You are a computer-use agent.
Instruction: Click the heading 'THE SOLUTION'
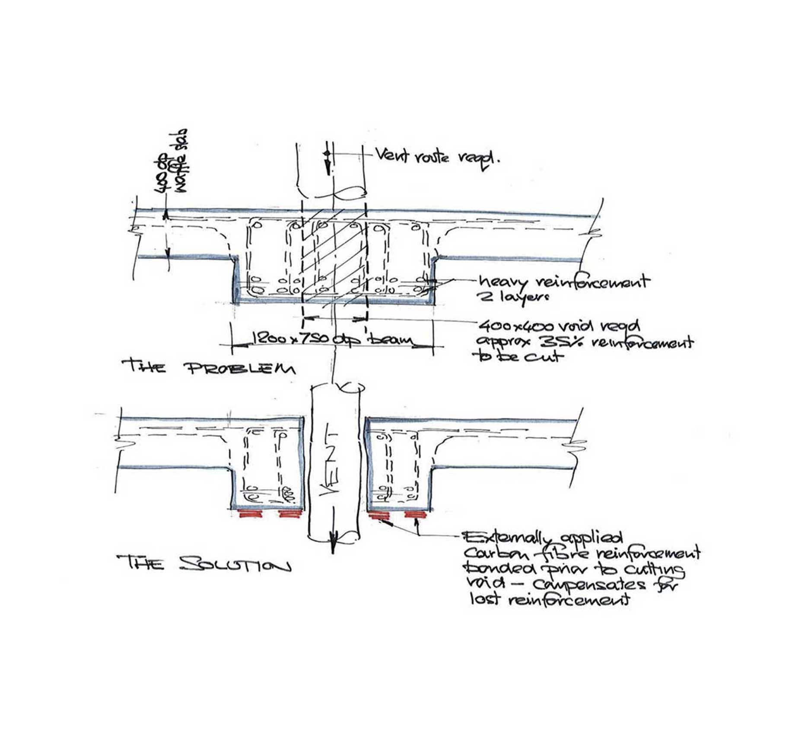click(x=204, y=564)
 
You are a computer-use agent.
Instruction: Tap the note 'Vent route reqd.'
click(x=436, y=156)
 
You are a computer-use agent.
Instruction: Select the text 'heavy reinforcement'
click(x=564, y=282)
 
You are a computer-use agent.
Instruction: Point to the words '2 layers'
click(x=514, y=297)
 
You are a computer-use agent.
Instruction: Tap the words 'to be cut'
click(x=518, y=357)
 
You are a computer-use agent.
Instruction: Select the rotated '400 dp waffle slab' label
click(x=172, y=162)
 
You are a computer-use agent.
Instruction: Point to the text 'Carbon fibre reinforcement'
click(x=581, y=554)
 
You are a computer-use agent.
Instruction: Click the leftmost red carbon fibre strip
click(x=252, y=513)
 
